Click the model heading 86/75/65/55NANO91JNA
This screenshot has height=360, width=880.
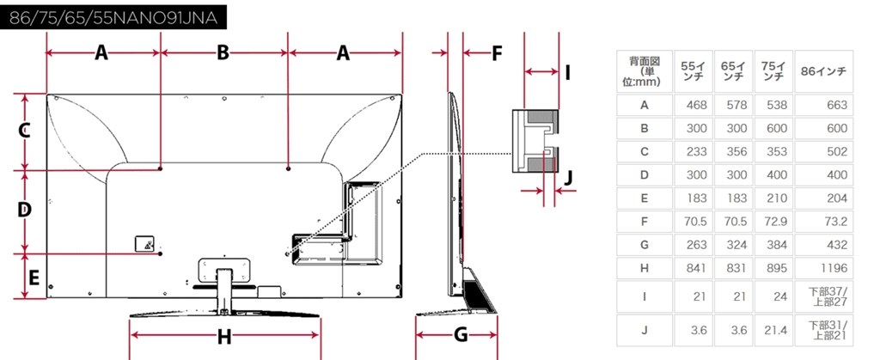tap(114, 17)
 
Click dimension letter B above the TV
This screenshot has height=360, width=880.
tap(223, 52)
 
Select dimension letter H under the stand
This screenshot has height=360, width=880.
tap(224, 337)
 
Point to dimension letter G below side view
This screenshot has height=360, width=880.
tap(461, 335)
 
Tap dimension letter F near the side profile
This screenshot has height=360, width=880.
tap(497, 53)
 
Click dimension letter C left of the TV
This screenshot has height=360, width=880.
tap(23, 131)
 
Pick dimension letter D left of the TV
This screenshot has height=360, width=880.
tap(23, 211)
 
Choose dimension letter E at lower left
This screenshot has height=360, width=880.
tap(34, 277)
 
